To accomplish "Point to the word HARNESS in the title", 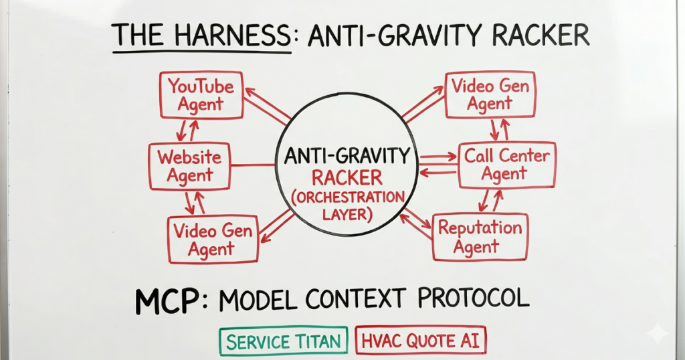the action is [x=233, y=35].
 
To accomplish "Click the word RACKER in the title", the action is [x=541, y=35].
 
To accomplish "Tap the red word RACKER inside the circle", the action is [x=347, y=178].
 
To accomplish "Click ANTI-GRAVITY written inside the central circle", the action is [x=347, y=156].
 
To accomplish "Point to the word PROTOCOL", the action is [x=474, y=298].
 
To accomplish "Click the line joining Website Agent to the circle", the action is [x=253, y=165].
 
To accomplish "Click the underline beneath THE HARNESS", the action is [x=202, y=52].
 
